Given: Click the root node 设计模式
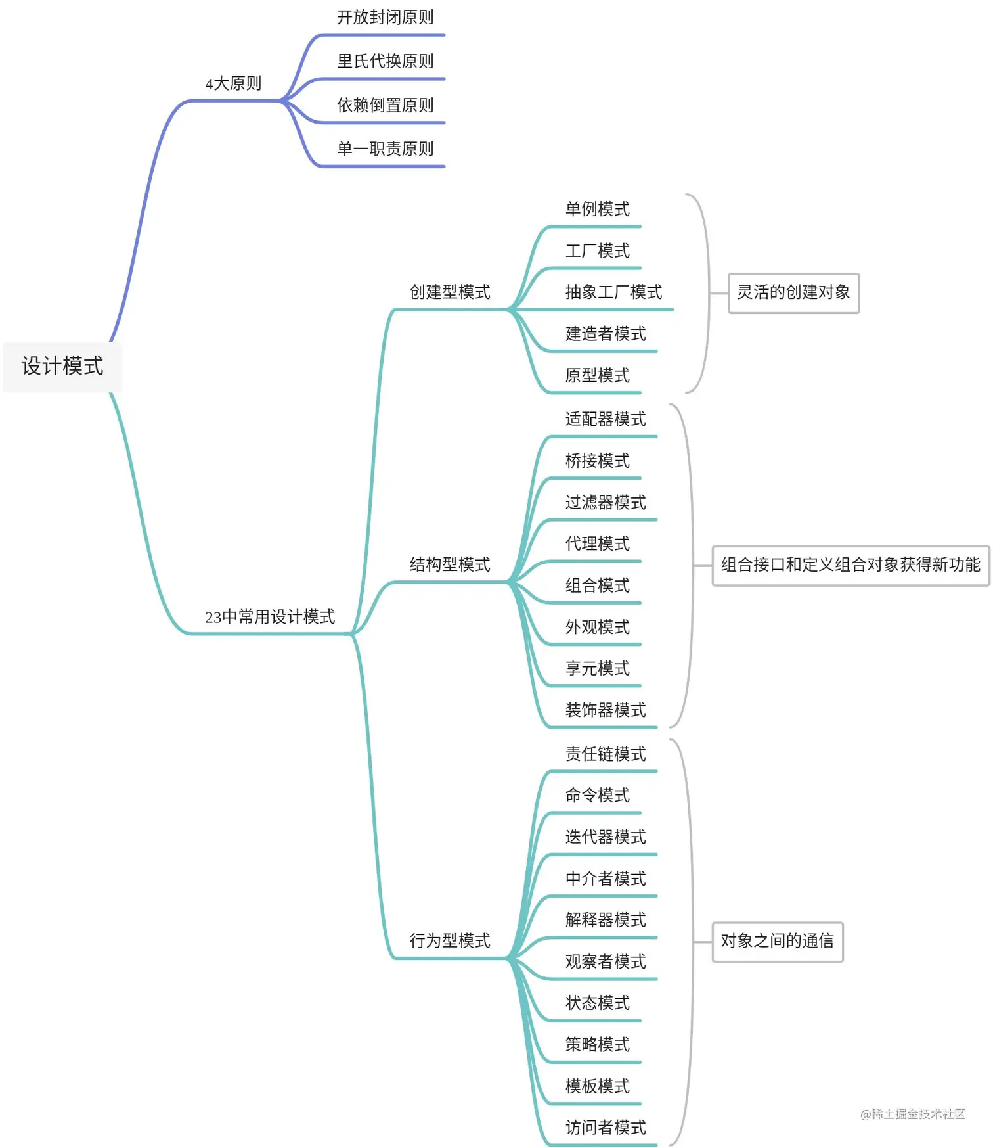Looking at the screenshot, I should (62, 366).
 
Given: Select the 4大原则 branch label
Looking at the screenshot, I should (233, 83).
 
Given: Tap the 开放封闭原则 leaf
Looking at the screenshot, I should (385, 18).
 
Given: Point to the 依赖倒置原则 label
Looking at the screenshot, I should (385, 105).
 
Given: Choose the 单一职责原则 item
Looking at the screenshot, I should (385, 149).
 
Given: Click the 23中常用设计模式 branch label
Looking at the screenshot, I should (270, 617).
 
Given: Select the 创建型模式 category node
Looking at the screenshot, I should (450, 292).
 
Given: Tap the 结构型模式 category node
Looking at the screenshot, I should (450, 564).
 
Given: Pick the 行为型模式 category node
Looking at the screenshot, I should (450, 941).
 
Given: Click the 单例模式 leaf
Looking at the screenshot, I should (597, 209).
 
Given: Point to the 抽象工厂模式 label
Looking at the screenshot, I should (613, 292).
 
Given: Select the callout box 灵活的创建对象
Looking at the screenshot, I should (793, 293).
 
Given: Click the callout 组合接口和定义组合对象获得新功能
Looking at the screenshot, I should (850, 565).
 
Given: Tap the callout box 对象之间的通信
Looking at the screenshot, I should (777, 942).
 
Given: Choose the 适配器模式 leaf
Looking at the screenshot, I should (606, 419).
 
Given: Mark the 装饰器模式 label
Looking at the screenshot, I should (606, 710).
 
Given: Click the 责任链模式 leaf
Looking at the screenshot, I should (606, 754).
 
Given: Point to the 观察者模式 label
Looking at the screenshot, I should (606, 962).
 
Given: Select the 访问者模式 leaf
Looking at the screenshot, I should (606, 1128).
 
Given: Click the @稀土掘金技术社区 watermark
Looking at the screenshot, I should (913, 1114).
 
